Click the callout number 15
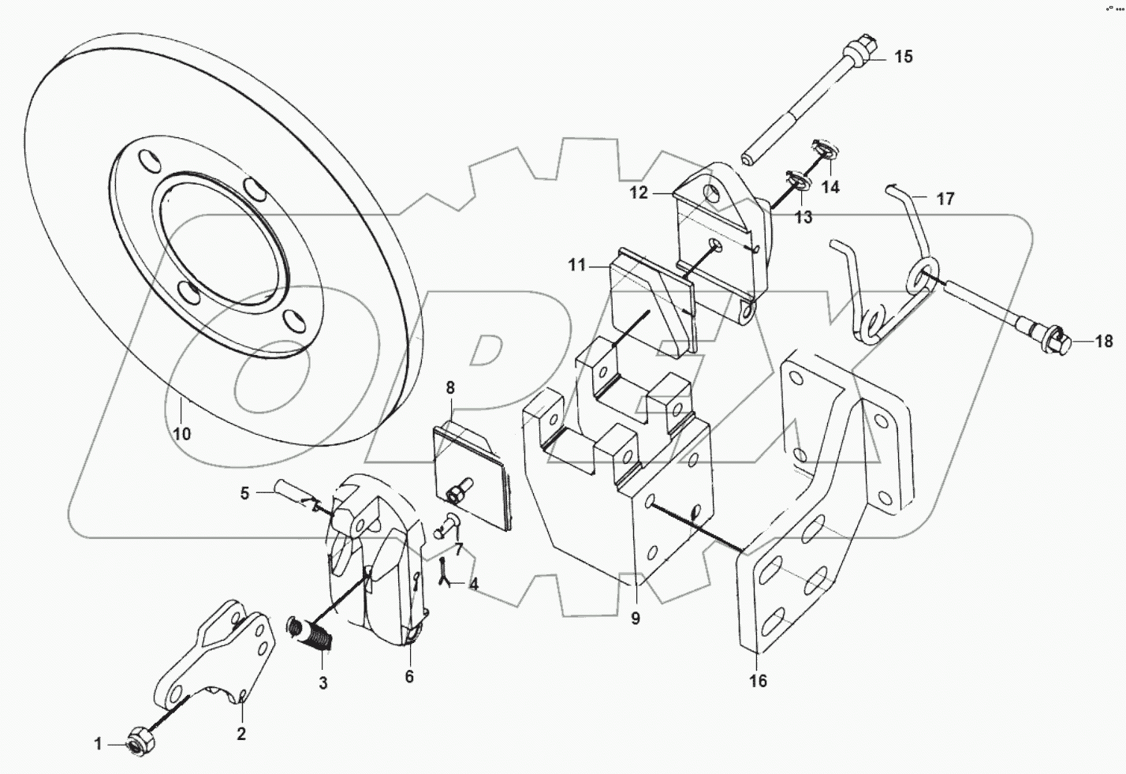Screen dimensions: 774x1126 coord(903,57)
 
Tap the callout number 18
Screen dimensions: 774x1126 coord(1103,342)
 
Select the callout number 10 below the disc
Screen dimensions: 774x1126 coord(182,434)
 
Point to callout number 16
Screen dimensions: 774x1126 coord(757,681)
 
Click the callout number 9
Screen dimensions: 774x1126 coord(635,619)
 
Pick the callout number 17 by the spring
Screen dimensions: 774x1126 coord(945,199)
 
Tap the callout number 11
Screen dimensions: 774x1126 coord(577,266)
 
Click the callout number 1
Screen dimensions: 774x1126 coord(99,743)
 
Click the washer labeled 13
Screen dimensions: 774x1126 coord(798,181)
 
